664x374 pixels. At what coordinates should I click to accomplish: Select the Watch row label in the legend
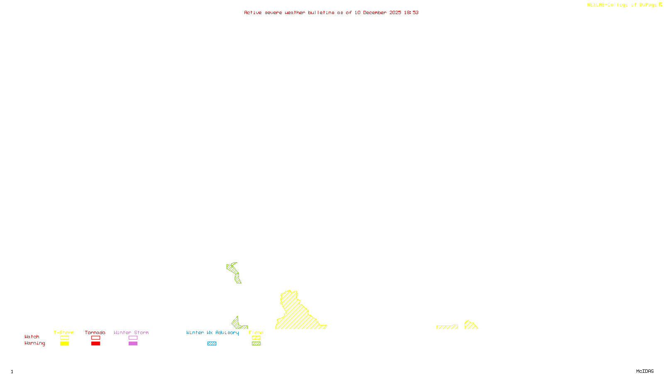[32, 337]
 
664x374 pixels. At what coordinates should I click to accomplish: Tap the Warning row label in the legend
[34, 343]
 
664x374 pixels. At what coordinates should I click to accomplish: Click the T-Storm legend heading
[64, 332]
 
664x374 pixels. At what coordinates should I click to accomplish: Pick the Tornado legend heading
[95, 332]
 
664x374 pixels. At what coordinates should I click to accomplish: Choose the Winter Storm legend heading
[131, 332]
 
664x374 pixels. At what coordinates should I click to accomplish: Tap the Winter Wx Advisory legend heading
[212, 332]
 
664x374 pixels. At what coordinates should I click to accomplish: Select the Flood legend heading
[256, 332]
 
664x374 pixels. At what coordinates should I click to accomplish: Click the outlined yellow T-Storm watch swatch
[64, 338]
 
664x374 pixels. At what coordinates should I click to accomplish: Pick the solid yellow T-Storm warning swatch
[64, 344]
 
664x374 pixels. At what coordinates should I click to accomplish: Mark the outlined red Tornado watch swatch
[95, 338]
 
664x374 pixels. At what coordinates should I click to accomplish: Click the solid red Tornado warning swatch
[95, 344]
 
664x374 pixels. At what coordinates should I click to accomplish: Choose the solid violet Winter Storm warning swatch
[133, 344]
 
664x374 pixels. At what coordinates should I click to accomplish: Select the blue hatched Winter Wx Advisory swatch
[212, 344]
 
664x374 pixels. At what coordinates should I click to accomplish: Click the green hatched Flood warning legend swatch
[256, 344]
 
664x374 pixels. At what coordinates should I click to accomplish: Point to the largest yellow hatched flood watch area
[297, 316]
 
